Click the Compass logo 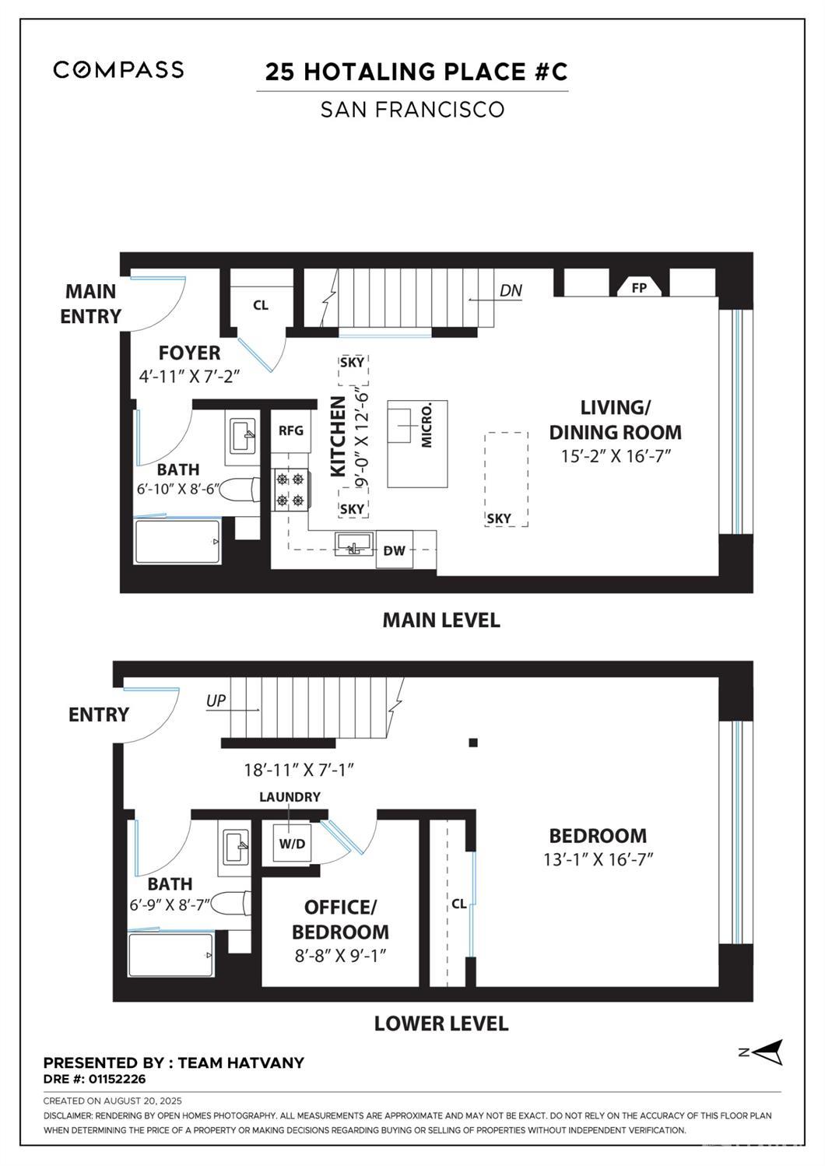click(118, 69)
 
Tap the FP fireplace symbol click(639, 287)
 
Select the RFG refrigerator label click(290, 430)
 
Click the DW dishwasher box click(395, 551)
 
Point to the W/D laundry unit click(292, 844)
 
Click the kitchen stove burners click(290, 488)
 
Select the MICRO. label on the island click(427, 425)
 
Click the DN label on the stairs click(511, 290)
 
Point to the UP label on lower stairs click(216, 701)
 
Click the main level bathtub click(177, 542)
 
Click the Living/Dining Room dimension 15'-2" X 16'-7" click(616, 456)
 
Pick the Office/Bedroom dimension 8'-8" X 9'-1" click(340, 956)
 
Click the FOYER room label click(189, 353)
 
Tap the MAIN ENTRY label click(91, 304)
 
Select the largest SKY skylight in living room click(506, 479)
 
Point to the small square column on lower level click(472, 743)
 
